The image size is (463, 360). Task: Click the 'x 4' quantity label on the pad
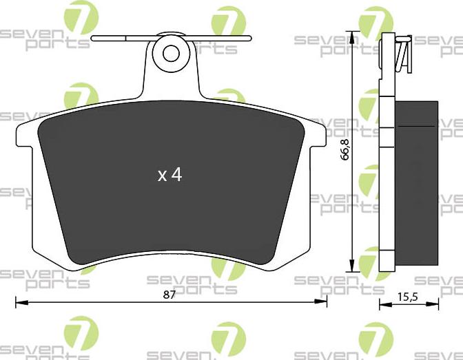point(169,176)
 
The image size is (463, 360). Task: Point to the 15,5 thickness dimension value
point(409,297)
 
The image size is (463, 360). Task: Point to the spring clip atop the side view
point(402,52)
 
